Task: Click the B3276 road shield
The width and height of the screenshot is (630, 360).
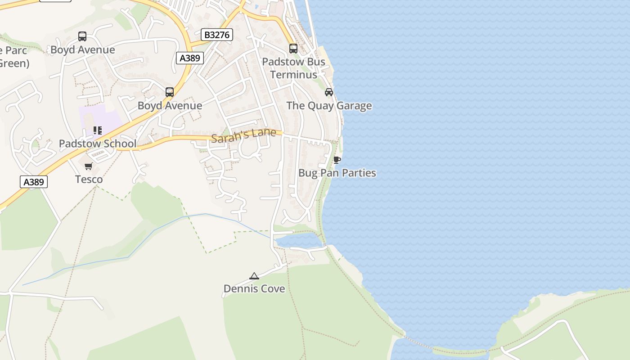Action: [x=216, y=35]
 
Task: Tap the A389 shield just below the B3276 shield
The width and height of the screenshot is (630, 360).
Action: [x=190, y=58]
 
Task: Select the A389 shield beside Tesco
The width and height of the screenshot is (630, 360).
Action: [x=34, y=182]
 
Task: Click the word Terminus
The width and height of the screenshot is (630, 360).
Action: [x=293, y=75]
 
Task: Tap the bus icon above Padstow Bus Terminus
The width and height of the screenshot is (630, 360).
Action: [x=293, y=49]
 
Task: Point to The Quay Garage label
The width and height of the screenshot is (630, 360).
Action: [x=329, y=106]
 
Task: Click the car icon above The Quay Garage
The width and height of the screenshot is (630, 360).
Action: [x=329, y=92]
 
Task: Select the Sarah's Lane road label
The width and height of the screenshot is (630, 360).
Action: [x=243, y=135]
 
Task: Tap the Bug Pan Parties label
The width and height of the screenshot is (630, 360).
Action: [x=337, y=173]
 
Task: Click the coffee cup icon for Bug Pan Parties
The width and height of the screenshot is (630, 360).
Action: [x=337, y=160]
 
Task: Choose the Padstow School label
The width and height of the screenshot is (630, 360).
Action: [x=98, y=144]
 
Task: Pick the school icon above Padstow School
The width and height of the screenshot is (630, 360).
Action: [x=98, y=130]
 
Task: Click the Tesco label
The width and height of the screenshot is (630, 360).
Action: [x=89, y=179]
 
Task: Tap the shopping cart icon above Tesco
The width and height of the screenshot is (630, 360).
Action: [x=89, y=166]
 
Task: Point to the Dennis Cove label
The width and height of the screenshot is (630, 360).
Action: [x=254, y=288]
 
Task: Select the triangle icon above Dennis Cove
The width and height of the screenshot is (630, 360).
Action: [x=254, y=276]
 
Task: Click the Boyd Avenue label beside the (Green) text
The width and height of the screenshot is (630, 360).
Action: [x=82, y=49]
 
